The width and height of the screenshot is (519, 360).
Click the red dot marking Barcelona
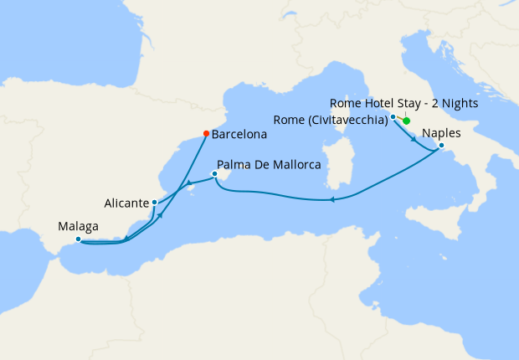click(206, 132)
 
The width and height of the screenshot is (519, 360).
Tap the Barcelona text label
click(239, 133)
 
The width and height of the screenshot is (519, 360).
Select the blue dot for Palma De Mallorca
click(215, 175)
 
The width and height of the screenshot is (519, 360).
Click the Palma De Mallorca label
click(269, 166)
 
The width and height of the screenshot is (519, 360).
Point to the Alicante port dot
click(154, 203)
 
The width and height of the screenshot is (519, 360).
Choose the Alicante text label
click(127, 203)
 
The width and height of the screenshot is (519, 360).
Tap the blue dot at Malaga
click(78, 239)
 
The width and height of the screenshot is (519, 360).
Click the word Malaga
click(79, 226)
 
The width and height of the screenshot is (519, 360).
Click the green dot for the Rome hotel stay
click(407, 121)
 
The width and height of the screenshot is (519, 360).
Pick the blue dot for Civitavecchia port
click(393, 117)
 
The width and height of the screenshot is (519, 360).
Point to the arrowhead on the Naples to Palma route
click(332, 199)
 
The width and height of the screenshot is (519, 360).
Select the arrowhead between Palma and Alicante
click(189, 183)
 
